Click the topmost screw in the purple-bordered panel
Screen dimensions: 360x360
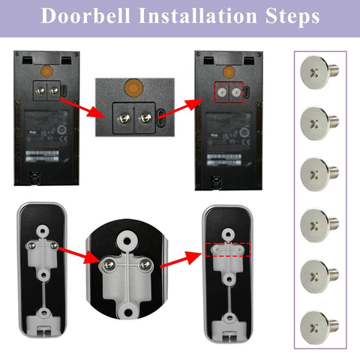(x=317, y=72)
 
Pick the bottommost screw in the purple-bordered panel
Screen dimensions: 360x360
(x=317, y=325)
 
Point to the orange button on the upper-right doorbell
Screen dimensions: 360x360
(x=225, y=72)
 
